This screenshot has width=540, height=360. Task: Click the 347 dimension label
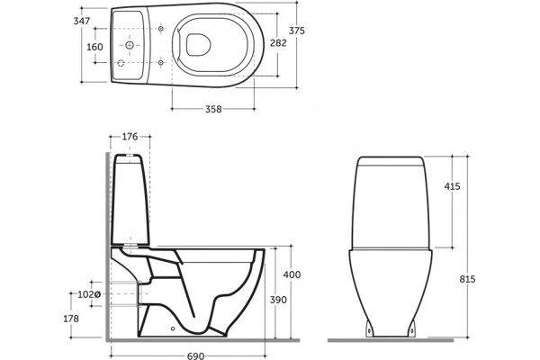tap(82, 21)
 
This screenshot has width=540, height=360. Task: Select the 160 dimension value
tap(94, 47)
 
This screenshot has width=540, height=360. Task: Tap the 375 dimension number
tap(296, 31)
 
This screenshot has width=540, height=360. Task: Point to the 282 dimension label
tap(278, 43)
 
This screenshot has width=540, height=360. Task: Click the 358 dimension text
tap(213, 109)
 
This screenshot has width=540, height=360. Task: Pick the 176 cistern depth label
tap(130, 137)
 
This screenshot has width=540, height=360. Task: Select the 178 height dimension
tap(71, 319)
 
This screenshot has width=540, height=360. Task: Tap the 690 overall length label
tap(195, 355)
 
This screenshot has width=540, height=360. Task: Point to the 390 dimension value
tap(278, 300)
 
